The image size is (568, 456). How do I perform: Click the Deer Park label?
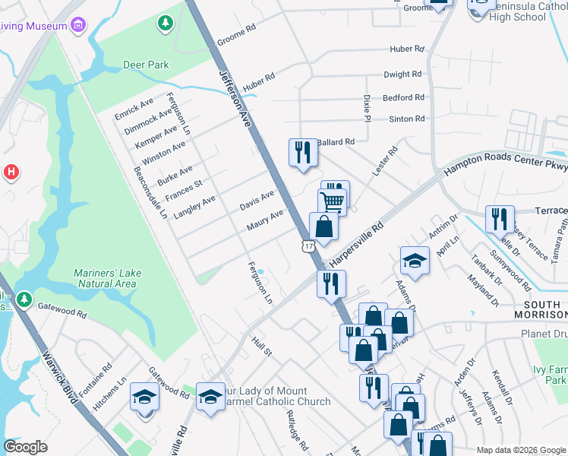coord(146,65)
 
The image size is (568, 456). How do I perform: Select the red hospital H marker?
coord(11,172)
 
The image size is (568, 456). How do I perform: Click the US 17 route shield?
coord(307,245)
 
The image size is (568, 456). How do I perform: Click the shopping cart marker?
coord(332,202)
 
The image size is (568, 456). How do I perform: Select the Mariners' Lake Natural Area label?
coord(106,278)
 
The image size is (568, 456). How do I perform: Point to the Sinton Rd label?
coord(406,119)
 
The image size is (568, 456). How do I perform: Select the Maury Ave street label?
coord(264,220)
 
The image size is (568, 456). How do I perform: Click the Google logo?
coord(26,447)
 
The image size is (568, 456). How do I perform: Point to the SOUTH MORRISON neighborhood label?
coord(536,309)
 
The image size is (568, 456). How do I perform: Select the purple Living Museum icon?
coord(77,27)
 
